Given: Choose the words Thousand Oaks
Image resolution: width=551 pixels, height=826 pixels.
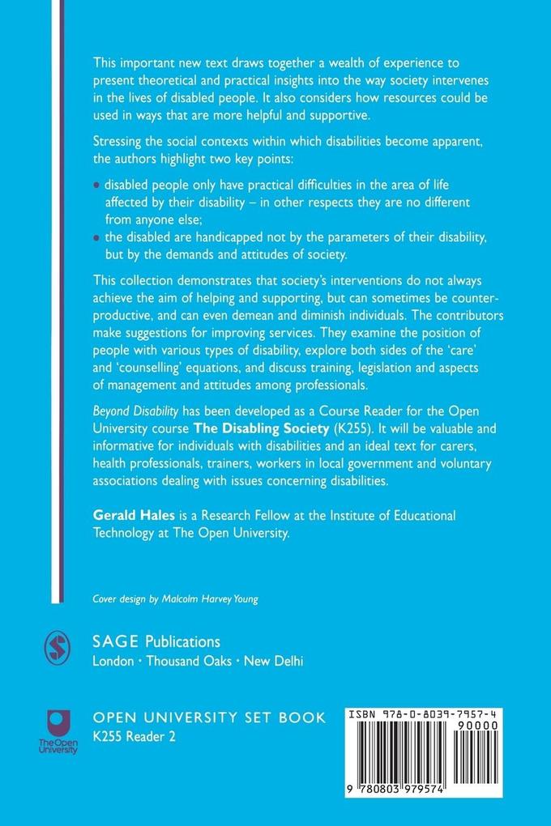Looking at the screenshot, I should click(x=190, y=660).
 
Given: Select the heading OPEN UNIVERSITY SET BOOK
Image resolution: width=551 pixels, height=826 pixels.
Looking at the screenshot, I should click(x=210, y=717).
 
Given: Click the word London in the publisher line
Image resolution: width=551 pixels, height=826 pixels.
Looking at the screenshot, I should click(x=117, y=660).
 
